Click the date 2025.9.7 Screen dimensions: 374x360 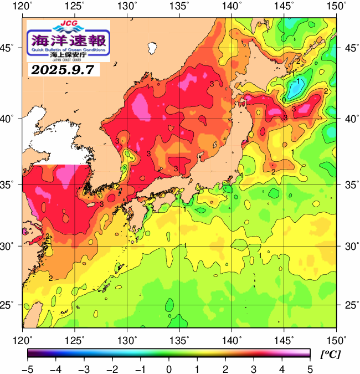[x=63, y=70]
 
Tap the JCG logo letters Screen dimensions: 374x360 [x=68, y=25]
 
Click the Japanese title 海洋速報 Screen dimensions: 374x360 [x=69, y=39]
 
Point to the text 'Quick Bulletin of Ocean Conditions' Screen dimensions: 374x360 [x=69, y=50]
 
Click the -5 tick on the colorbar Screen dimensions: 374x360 [x=28, y=369]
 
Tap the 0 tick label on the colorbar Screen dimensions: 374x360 [x=168, y=369]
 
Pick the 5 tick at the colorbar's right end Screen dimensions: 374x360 [x=309, y=369]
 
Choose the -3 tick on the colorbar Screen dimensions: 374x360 [x=84, y=369]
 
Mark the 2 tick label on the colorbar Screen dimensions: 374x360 [x=225, y=369]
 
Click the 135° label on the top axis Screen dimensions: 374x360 [x=180, y=6]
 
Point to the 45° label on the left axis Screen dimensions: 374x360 [x=10, y=48]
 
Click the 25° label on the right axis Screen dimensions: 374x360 [x=350, y=305]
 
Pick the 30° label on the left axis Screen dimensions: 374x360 [x=10, y=245]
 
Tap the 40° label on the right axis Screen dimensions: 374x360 [x=350, y=119]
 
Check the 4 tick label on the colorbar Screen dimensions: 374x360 [x=281, y=369]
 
